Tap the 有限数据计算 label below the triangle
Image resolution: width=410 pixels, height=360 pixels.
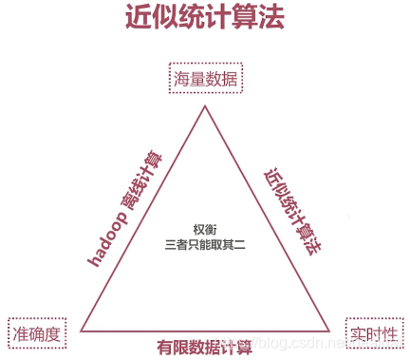204,346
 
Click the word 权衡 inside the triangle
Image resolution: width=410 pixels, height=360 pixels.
204,230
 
